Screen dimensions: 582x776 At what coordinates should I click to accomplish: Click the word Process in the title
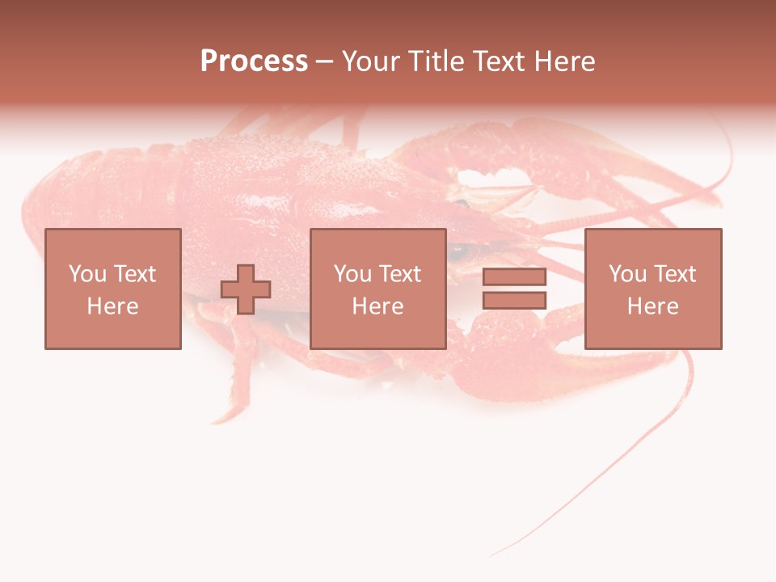point(254,61)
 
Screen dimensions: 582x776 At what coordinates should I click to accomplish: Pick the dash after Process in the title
point(324,62)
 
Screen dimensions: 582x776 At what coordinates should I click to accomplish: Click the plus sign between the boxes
point(246,289)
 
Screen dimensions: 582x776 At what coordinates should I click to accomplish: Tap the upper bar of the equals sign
point(514,277)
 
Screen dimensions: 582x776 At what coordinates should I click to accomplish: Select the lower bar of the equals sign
point(514,300)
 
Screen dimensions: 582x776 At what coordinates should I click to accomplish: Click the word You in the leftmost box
point(87,274)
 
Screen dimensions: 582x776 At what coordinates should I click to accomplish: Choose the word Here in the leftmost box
point(112,306)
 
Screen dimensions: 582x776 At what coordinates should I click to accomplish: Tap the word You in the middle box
point(353,274)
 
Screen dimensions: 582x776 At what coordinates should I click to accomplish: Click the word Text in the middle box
point(399,274)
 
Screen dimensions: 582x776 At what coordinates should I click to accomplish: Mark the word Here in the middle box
point(377,306)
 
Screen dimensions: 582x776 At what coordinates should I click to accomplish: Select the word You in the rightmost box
point(628,274)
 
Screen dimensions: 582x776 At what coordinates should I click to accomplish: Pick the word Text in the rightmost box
point(674,274)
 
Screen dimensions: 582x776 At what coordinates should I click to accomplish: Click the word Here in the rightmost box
point(652,306)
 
